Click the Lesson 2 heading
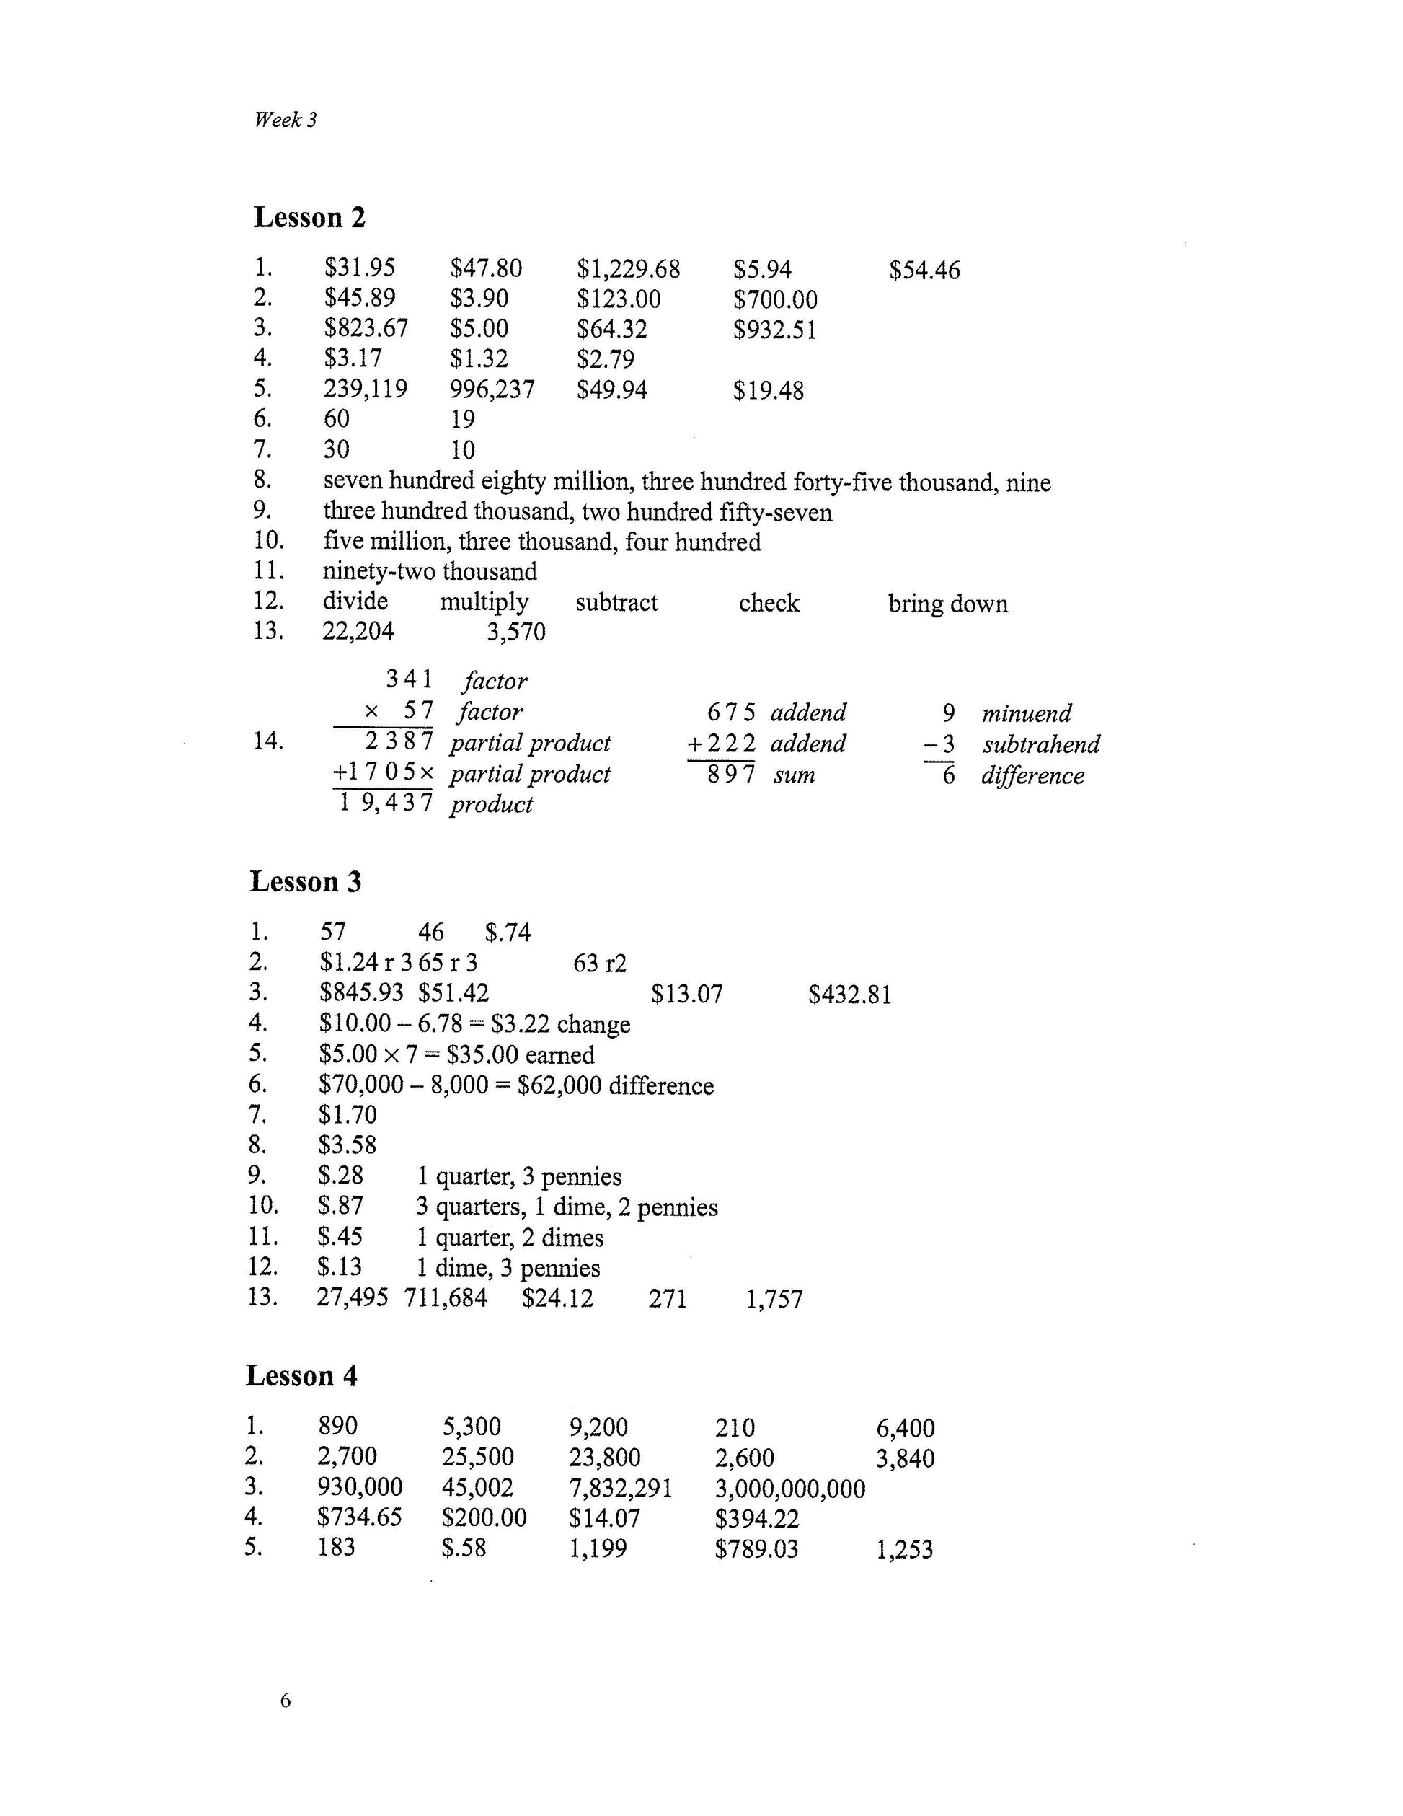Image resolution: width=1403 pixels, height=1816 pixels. point(309,218)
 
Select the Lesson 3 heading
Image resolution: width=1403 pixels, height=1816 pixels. point(305,882)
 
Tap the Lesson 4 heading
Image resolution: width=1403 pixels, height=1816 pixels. point(301,1376)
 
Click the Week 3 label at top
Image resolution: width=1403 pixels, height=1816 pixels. point(285,120)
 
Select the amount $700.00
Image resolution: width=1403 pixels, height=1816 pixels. point(774,299)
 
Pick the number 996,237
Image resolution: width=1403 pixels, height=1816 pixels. point(492,389)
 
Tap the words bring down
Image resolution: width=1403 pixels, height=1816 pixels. point(947,604)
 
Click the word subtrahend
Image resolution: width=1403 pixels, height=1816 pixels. point(1040,744)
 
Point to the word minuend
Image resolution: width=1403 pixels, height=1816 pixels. point(1027,713)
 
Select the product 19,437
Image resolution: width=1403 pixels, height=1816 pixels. point(386,803)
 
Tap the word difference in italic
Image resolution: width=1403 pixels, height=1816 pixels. point(1032,776)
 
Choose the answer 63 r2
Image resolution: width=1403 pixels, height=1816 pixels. point(600,964)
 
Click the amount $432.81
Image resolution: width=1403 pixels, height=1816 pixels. point(849,995)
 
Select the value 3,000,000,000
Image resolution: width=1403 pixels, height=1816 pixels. point(789,1489)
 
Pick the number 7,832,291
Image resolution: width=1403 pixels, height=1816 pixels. point(620,1488)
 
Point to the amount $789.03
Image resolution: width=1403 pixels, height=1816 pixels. point(756,1549)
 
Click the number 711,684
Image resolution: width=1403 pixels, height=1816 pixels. point(446,1298)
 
